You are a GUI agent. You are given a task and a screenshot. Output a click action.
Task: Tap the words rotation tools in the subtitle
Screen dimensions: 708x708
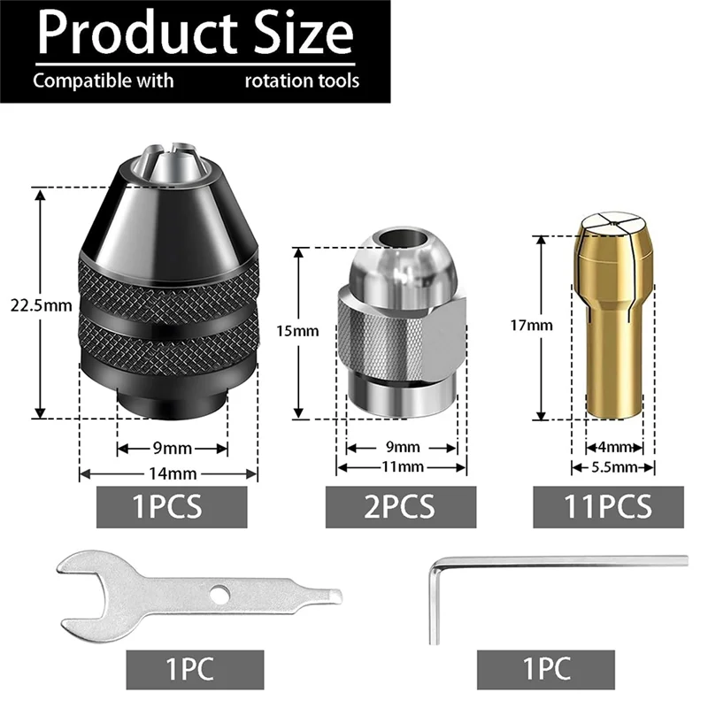pyautogui.click(x=302, y=81)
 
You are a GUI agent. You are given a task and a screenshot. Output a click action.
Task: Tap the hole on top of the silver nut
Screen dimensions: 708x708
pyautogui.click(x=396, y=241)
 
